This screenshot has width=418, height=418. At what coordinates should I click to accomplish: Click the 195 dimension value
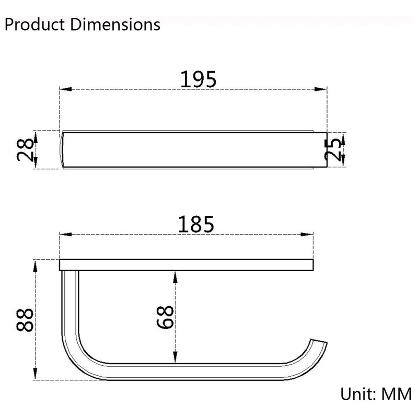(199, 79)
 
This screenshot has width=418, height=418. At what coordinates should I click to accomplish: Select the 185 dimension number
(196, 224)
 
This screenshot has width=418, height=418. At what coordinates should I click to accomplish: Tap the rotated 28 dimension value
(25, 150)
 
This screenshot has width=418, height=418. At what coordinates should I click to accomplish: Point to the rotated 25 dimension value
(333, 150)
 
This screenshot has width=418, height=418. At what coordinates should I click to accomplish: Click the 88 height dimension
(25, 320)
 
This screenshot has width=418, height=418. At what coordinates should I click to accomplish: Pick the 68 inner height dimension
(165, 317)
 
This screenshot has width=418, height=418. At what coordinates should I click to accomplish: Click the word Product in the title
(35, 25)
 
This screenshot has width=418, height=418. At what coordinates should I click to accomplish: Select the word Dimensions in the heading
(115, 25)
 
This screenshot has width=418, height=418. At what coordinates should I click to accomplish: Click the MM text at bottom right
(397, 394)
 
